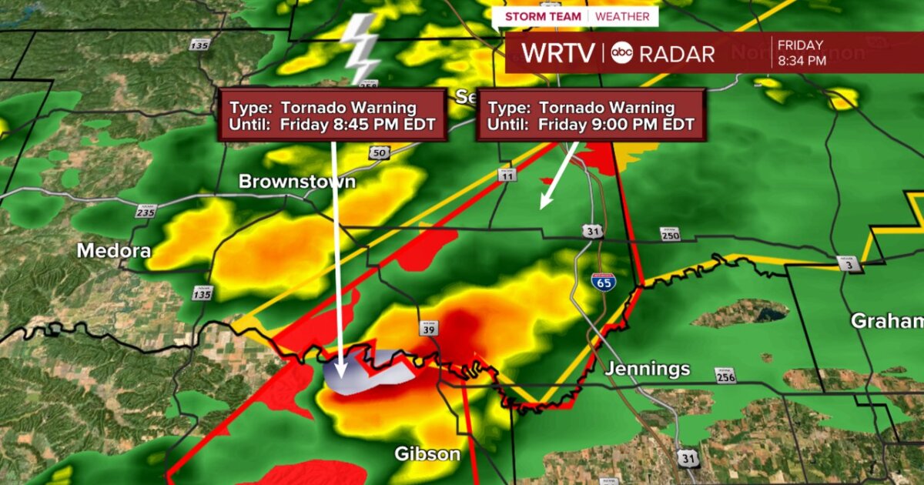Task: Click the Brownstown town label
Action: coord(297,182)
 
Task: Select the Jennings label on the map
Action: coord(647,369)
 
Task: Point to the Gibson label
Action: coord(427,453)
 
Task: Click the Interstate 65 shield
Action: coord(603,283)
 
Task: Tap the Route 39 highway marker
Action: coord(429,329)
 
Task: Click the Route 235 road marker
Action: coord(145,211)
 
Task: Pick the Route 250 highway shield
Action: coord(670,234)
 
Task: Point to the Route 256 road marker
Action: coord(725,376)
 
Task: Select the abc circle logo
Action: coord(622,53)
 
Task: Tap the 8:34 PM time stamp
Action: coord(802,61)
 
